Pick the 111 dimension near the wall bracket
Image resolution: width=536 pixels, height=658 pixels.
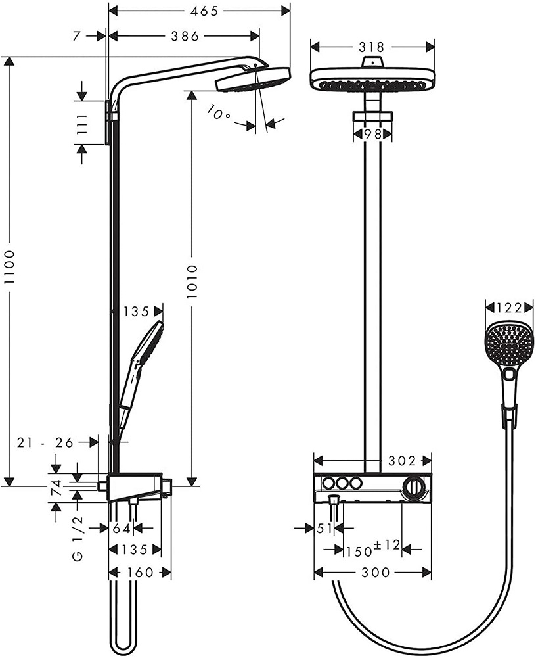(82, 124)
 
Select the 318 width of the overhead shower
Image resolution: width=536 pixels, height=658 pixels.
(372, 47)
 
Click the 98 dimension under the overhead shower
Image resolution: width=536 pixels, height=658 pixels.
(372, 134)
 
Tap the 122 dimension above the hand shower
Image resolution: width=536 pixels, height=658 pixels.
(508, 308)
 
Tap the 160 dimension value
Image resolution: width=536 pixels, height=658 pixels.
(139, 573)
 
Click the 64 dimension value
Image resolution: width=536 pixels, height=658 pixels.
(122, 527)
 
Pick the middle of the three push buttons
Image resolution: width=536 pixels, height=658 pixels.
(340, 483)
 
